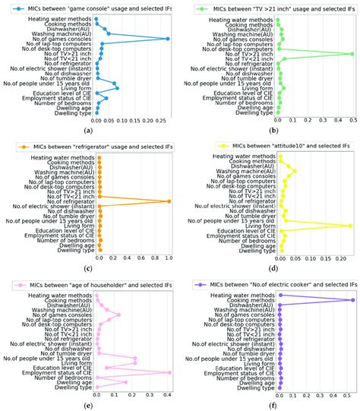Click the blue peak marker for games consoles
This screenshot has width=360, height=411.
point(169,39)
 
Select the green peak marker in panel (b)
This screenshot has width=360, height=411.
point(352,54)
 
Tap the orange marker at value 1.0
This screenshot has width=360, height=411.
point(169,201)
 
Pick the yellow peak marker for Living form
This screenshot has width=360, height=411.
point(349,226)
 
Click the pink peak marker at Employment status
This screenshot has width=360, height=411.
point(169,372)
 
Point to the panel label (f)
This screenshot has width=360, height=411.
point(271,406)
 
